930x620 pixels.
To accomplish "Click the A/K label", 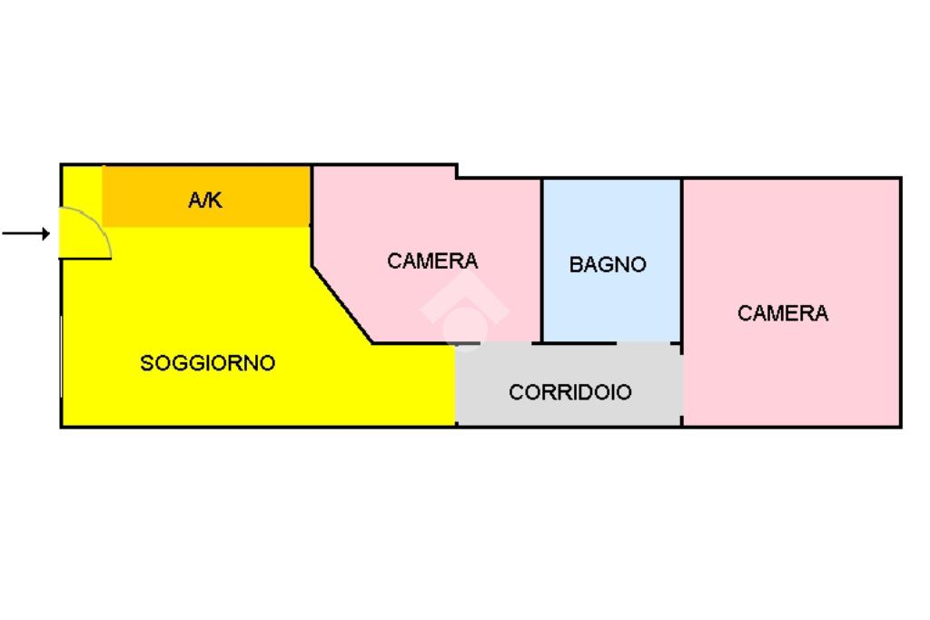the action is [205, 201].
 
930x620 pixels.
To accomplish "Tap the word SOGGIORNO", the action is [208, 363].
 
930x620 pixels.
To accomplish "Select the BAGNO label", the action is [608, 265].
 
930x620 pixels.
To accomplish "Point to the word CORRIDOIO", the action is [570, 392].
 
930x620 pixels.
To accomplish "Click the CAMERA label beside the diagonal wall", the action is [432, 261].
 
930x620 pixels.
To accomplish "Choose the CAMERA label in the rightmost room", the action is [783, 313].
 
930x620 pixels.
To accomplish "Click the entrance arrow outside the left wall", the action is [25, 234].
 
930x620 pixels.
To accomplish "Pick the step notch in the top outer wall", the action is [456, 172].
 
